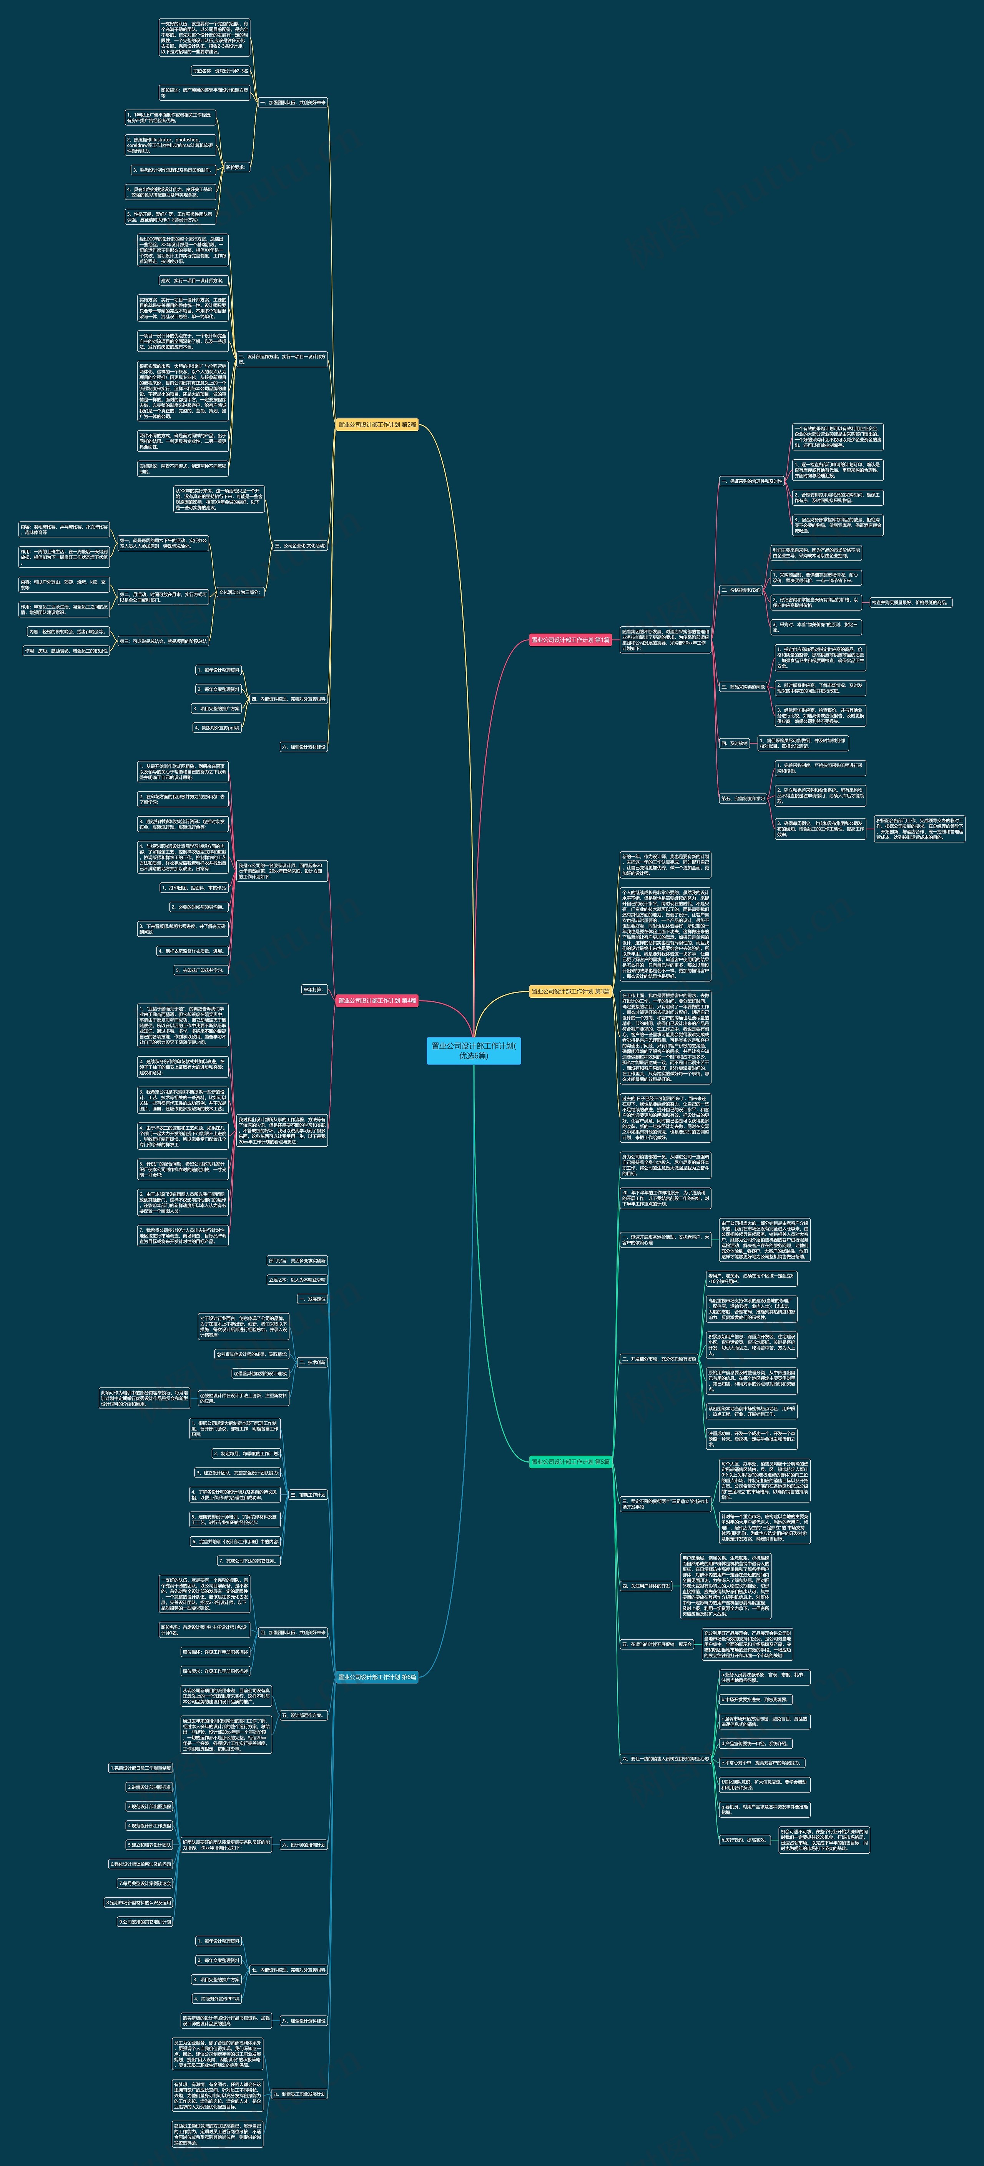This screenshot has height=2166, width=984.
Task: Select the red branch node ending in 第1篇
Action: click(x=570, y=640)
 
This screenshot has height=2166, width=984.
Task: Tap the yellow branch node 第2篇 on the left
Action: click(x=377, y=425)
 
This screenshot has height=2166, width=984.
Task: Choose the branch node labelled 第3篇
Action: click(x=570, y=991)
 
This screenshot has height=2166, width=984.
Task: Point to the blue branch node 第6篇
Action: click(x=377, y=1677)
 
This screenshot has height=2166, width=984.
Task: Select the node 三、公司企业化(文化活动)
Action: click(x=300, y=546)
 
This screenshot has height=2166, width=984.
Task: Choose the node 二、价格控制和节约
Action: click(x=741, y=590)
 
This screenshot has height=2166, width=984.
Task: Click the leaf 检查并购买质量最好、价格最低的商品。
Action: click(x=910, y=602)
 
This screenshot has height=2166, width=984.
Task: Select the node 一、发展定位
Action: click(x=312, y=1299)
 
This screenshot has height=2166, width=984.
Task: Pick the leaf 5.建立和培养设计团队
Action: click(x=150, y=1845)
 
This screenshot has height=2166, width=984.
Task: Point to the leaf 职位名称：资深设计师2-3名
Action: click(x=220, y=72)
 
